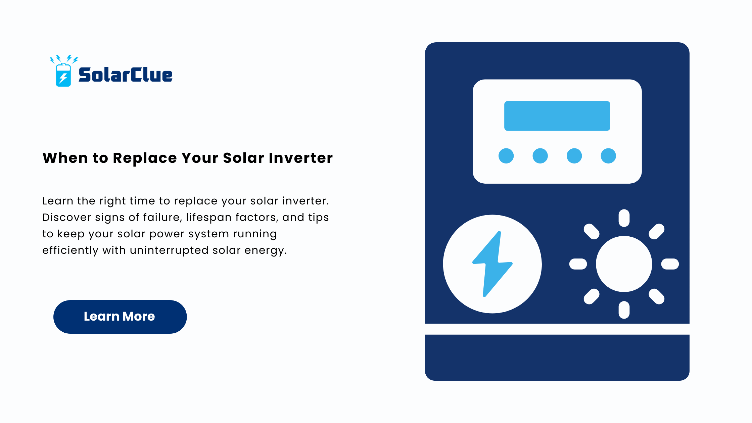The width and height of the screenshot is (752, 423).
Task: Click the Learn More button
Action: tap(120, 317)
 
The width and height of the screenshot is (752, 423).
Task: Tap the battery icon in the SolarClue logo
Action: tap(63, 75)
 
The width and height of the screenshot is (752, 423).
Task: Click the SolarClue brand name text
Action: tap(125, 75)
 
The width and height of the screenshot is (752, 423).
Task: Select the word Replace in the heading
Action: tap(145, 158)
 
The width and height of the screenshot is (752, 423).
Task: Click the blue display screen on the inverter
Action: tap(557, 116)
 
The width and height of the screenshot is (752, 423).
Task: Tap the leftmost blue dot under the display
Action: tap(506, 156)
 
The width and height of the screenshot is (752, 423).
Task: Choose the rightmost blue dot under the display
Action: tap(608, 156)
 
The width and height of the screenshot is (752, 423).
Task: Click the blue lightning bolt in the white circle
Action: tap(492, 264)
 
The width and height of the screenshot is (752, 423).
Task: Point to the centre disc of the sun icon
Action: tap(624, 264)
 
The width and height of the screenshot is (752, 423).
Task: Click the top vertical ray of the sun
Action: tap(624, 218)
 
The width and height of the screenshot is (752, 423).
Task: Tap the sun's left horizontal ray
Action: tap(578, 264)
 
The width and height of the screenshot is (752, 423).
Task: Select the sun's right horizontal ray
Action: tap(670, 264)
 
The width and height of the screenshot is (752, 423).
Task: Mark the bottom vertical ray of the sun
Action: tap(624, 310)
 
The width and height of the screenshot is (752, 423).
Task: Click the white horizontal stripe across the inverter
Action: tap(557, 329)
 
